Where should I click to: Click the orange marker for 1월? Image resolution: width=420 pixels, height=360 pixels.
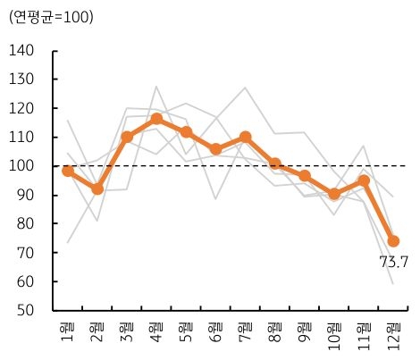pyautogui.click(x=68, y=171)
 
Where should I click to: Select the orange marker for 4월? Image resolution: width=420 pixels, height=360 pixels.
pyautogui.click(x=156, y=119)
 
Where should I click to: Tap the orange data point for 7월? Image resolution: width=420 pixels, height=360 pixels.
pyautogui.click(x=245, y=138)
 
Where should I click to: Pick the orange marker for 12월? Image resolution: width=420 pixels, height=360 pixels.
pyautogui.click(x=393, y=241)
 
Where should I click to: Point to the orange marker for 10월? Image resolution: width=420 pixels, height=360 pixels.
pyautogui.click(x=334, y=194)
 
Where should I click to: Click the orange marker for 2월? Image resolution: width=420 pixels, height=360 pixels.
pyautogui.click(x=97, y=189)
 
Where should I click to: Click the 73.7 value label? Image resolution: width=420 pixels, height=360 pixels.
pyautogui.click(x=393, y=263)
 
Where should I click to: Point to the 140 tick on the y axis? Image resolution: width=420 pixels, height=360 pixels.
pyautogui.click(x=24, y=51)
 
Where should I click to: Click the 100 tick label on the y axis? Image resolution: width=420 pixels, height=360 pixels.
pyautogui.click(x=24, y=166)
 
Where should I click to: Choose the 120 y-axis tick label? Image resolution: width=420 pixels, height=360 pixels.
pyautogui.click(x=24, y=108)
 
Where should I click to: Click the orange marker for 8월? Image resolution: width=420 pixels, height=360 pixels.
pyautogui.click(x=275, y=164)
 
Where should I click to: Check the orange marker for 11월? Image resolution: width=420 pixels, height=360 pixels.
pyautogui.click(x=364, y=181)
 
